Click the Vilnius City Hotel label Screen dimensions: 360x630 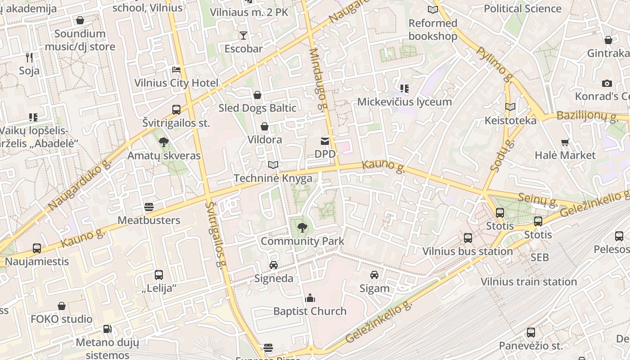176,83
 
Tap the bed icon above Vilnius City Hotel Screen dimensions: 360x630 176,70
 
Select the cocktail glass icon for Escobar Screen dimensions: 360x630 243,36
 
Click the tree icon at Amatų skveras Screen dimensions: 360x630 164,142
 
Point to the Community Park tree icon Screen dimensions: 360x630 302,228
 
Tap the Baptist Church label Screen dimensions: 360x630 310,311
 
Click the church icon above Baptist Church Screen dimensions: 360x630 310,298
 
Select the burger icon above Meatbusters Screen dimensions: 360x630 149,207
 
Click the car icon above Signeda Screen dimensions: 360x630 274,265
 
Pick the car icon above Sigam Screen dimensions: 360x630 374,274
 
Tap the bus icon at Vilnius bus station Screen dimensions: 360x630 468,238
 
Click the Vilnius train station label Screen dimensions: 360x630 529,282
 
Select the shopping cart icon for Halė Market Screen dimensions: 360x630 565,142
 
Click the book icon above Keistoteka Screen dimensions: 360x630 510,107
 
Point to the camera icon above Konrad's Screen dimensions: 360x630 607,83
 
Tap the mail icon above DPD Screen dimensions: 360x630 324,141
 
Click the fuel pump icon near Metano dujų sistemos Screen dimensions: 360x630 107,329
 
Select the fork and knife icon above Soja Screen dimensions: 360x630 29,57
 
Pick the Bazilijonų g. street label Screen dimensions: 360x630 587,116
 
